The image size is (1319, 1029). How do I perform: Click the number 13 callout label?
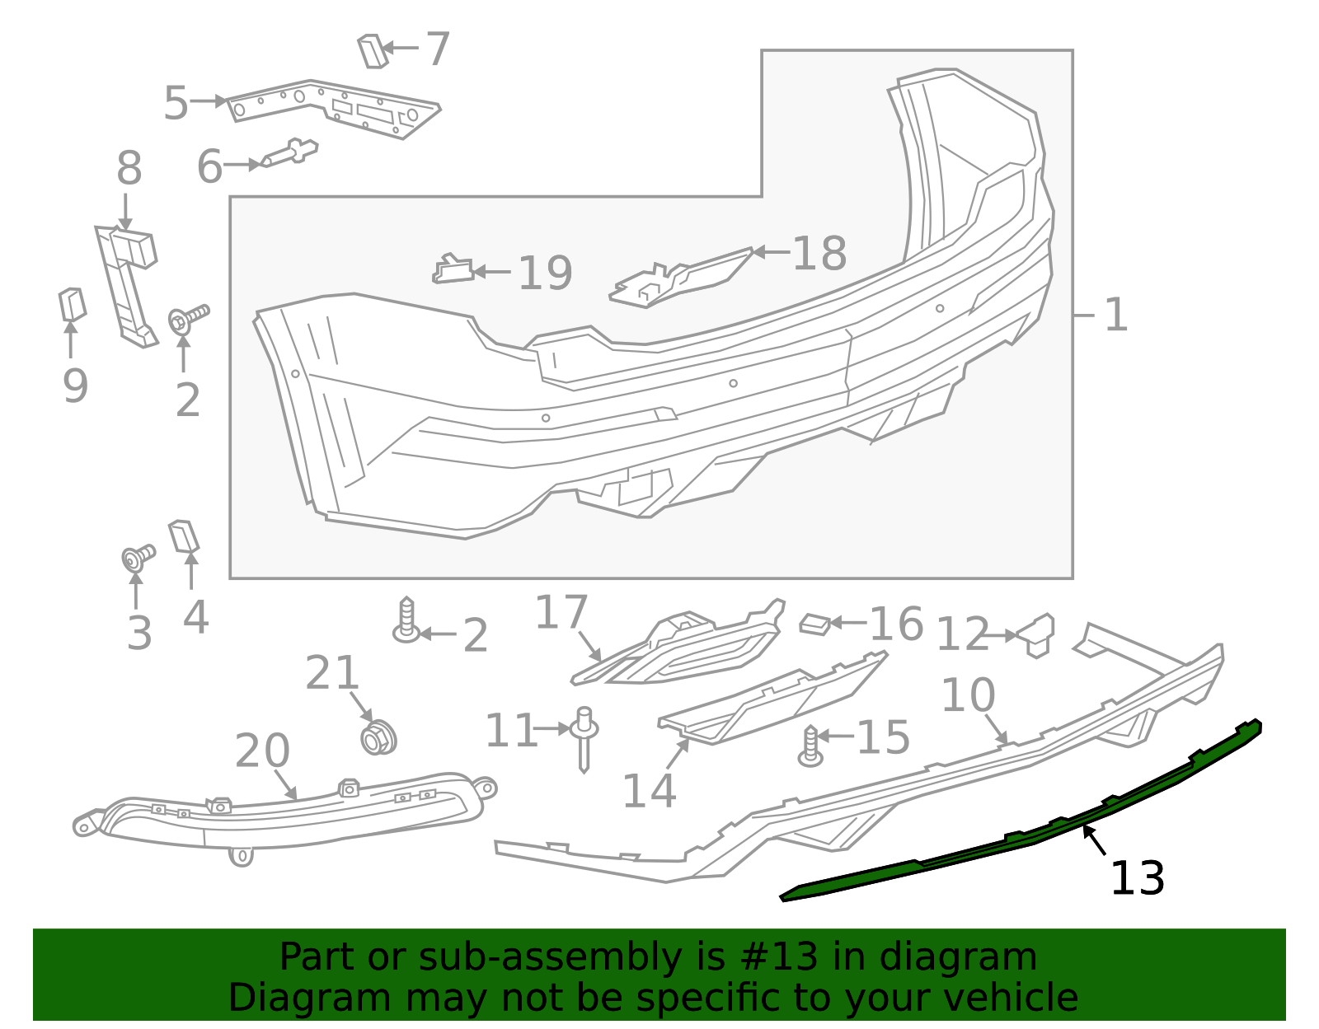click(x=1137, y=878)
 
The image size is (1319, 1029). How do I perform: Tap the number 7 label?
click(x=437, y=49)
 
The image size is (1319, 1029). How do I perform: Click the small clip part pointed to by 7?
click(x=372, y=51)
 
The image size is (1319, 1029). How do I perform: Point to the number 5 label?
click(x=176, y=103)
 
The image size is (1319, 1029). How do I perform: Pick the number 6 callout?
click(x=209, y=166)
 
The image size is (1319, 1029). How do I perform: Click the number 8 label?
click(x=129, y=169)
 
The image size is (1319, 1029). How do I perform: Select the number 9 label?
click(x=75, y=386)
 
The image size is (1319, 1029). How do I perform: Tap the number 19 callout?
click(x=545, y=273)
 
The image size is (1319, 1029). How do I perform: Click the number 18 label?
click(x=819, y=253)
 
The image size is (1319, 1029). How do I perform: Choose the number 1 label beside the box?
click(x=1115, y=316)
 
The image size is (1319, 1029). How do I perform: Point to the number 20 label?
click(x=262, y=751)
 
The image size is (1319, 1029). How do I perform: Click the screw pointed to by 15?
click(x=811, y=746)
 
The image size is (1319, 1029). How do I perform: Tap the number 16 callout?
click(x=896, y=624)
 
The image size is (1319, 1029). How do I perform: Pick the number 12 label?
click(x=962, y=635)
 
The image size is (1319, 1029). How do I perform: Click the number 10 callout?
click(x=968, y=695)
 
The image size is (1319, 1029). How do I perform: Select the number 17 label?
click(x=561, y=613)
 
